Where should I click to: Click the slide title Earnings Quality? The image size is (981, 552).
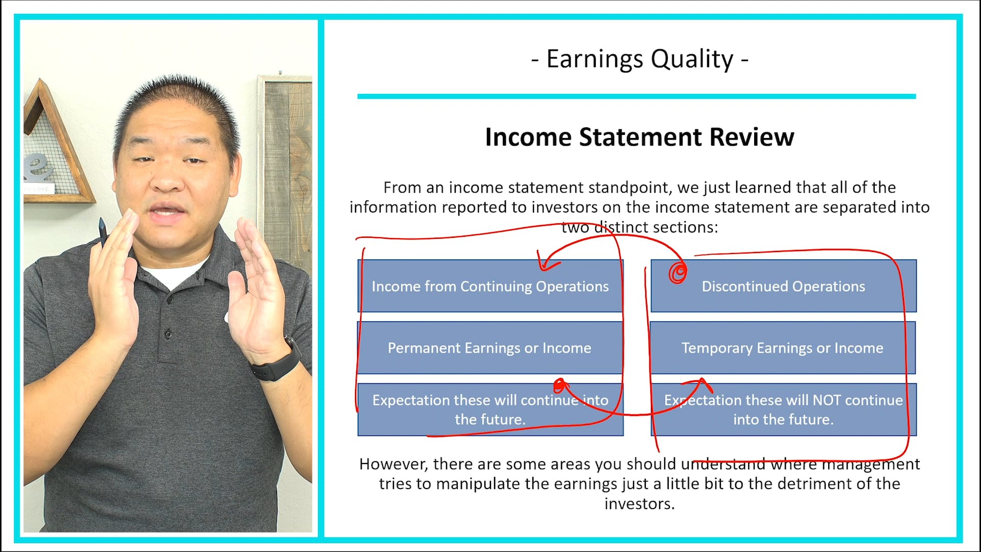640,59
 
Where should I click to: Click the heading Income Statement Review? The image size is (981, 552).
639,137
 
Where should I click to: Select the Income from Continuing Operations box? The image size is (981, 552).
489,286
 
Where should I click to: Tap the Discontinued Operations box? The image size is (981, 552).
783,286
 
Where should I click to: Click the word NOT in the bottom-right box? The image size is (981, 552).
827,400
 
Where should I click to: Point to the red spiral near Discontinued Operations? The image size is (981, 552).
678,272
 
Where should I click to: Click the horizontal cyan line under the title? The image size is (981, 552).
636,96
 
